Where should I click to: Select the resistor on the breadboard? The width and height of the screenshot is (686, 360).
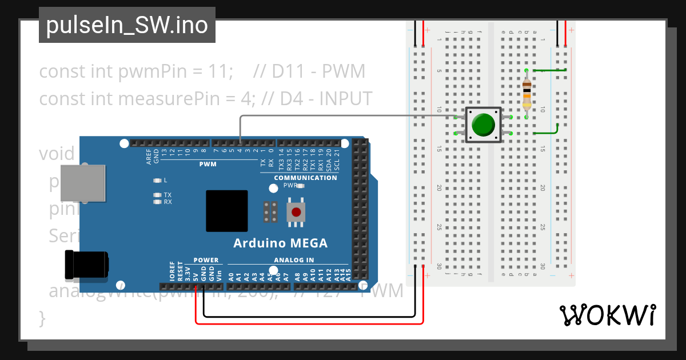527,94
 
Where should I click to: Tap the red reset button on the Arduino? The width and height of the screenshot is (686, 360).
296,212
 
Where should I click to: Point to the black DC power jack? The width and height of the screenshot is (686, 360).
86,265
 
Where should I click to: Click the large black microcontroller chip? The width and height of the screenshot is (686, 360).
227,211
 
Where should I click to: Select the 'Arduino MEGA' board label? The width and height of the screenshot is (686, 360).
280,243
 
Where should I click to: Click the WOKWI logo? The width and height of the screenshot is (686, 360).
607,315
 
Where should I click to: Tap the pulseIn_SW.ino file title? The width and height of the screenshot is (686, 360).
127,25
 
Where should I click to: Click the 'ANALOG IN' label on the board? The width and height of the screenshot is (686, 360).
294,260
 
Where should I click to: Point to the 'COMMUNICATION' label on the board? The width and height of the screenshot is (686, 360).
305,178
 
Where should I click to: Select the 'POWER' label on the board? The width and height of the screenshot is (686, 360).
206,260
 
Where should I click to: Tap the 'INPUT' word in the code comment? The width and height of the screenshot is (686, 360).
345,99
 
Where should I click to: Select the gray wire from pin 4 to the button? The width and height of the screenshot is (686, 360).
343,116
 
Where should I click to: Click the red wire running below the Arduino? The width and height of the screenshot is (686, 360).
309,324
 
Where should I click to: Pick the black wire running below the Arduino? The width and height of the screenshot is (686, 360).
309,316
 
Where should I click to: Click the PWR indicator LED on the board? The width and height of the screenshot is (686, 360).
301,186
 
